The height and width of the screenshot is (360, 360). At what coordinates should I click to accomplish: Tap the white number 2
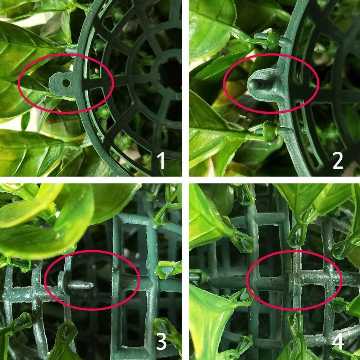[x=338, y=160]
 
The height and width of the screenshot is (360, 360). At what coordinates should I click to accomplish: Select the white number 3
[x=161, y=342]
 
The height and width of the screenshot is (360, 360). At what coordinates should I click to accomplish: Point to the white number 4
[x=338, y=342]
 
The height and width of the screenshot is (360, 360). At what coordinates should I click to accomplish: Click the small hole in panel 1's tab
[x=66, y=83]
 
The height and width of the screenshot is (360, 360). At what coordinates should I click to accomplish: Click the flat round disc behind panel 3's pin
[x=62, y=283]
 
